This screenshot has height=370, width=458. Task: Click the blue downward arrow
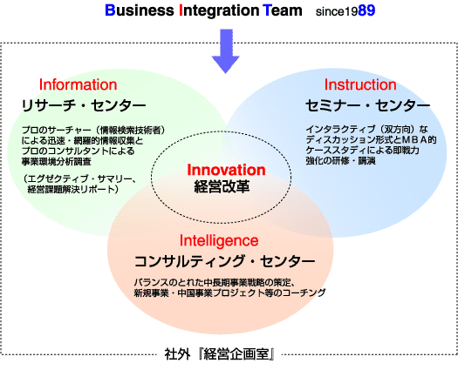click(225, 50)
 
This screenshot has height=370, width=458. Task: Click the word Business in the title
click(140, 10)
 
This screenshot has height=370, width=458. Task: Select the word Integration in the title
click(219, 10)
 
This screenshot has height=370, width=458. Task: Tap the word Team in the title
click(282, 10)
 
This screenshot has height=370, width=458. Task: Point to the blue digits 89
click(366, 10)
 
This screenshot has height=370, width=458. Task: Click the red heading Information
click(78, 84)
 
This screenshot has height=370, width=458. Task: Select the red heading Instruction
click(360, 84)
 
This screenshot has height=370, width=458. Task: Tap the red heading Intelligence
click(219, 241)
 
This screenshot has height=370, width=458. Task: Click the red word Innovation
click(226, 170)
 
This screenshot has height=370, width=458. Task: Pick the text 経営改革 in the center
click(222, 186)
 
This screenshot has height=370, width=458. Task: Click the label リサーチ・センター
click(84, 105)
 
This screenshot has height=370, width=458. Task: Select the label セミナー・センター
click(368, 105)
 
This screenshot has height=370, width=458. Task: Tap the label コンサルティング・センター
click(224, 261)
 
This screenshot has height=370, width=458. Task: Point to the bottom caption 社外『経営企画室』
click(219, 355)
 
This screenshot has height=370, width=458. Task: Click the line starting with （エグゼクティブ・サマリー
click(79, 178)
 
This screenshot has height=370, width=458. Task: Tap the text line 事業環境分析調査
click(57, 161)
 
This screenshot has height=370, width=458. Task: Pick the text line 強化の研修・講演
click(340, 161)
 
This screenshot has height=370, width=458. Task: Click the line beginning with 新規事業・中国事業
click(230, 293)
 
